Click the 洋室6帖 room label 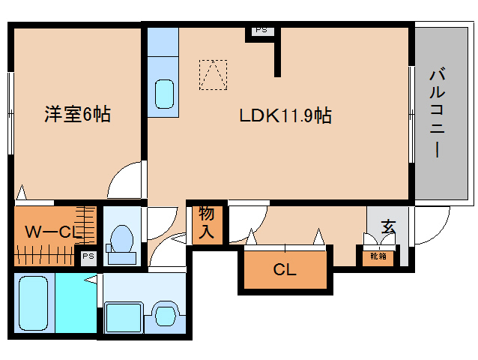[77, 115]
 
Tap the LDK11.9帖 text [285, 115]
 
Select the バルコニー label [438, 112]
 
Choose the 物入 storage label [206, 223]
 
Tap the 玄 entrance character [387, 226]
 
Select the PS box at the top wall [261, 31]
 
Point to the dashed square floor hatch [212, 74]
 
